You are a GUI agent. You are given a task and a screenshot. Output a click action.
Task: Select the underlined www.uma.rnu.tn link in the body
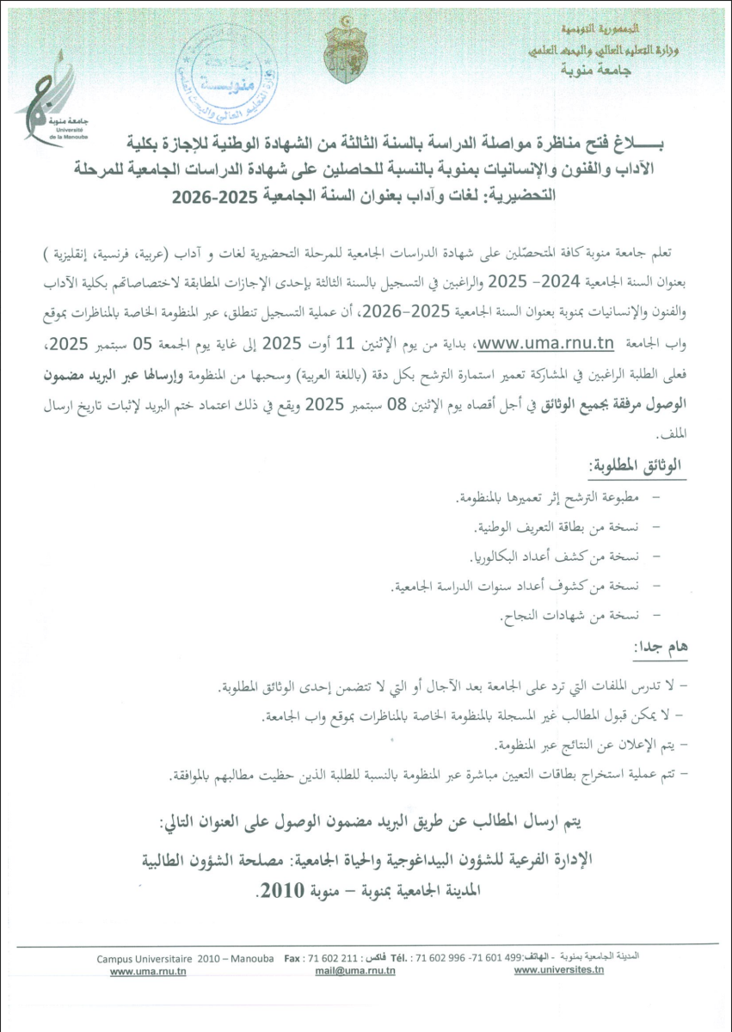545,344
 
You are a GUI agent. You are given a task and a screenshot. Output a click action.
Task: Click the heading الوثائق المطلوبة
633,465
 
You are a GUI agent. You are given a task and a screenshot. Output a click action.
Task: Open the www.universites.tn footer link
559,970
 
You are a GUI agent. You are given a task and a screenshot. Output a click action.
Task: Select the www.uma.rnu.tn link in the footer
148,971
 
